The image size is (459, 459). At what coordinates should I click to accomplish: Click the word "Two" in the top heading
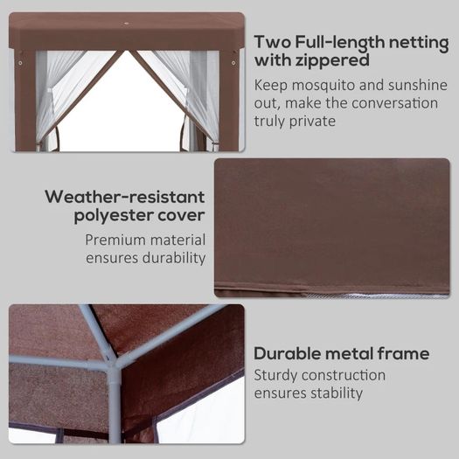pos(272,42)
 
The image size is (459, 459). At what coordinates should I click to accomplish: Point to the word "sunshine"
pos(418,85)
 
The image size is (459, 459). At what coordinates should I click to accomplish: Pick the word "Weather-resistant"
pos(125,197)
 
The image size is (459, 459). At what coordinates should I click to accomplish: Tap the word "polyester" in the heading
pos(114,216)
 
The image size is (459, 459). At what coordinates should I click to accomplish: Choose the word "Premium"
pos(115,240)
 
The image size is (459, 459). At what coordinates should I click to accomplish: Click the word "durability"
pos(174,258)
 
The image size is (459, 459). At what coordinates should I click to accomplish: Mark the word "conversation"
pos(394,103)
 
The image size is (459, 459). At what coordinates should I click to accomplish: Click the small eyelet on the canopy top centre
pos(126,22)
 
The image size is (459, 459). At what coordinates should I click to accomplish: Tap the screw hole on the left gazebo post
pos(20,63)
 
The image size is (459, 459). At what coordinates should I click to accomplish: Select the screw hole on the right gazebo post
pos(233,63)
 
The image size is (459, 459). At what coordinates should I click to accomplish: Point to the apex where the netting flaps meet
pos(127,52)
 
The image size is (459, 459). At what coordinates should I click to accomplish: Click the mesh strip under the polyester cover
pos(376,296)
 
